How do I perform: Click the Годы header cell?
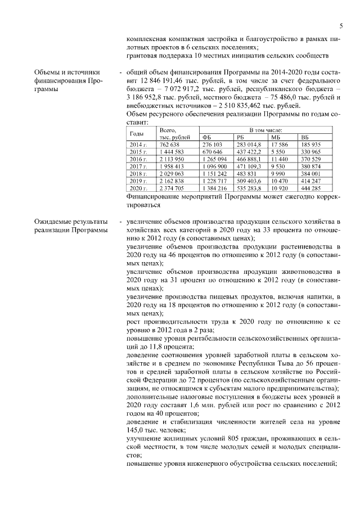(137, 134)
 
